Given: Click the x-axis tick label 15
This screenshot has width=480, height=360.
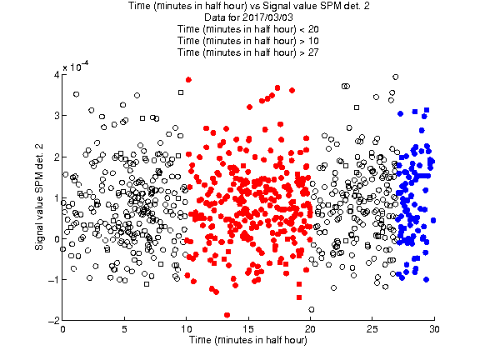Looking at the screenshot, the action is click(248, 329).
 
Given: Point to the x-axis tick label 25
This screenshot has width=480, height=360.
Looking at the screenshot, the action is click(372, 329).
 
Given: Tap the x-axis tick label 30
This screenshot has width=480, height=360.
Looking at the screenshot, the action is click(434, 329).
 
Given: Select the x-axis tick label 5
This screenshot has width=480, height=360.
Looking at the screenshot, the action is click(124, 329).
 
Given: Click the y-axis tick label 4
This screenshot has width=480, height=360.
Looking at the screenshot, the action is click(57, 75).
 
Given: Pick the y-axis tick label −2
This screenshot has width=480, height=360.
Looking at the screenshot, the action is click(53, 321).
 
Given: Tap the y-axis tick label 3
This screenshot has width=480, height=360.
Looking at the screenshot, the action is click(57, 116).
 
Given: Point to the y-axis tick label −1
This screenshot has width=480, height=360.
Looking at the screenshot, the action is click(53, 280).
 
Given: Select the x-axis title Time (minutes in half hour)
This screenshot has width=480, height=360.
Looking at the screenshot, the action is click(248, 340).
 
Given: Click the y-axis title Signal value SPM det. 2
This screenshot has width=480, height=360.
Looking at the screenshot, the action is click(39, 197).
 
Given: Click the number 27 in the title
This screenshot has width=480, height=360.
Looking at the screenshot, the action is click(313, 52).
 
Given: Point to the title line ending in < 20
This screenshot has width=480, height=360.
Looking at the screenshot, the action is click(248, 29).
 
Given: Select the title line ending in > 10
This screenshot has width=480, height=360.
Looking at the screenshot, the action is click(248, 41).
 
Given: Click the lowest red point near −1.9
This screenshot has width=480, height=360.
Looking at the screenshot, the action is click(227, 315).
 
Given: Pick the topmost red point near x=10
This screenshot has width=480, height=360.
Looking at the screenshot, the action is click(188, 80).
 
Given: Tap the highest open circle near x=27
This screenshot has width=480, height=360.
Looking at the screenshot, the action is click(396, 77).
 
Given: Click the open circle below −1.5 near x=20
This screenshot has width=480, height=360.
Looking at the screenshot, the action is click(312, 309).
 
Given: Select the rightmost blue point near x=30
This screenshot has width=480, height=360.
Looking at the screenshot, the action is click(433, 220).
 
